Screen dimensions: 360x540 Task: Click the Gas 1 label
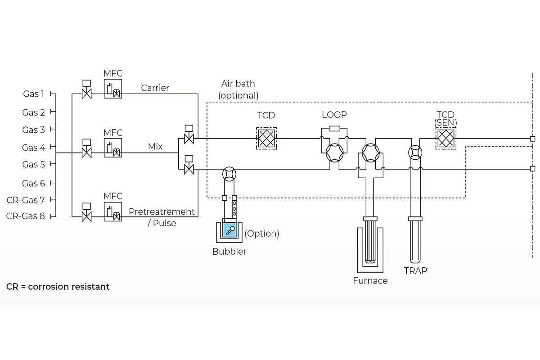click(x=34, y=94)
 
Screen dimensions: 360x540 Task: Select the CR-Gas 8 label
click(x=26, y=216)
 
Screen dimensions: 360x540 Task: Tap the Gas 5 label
click(x=34, y=164)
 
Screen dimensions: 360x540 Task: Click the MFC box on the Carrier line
click(x=112, y=89)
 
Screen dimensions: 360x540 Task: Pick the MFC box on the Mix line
click(x=112, y=148)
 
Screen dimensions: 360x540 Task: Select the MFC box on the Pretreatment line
click(x=112, y=212)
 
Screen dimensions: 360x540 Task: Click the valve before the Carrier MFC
click(x=87, y=94)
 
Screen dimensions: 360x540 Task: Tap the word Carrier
click(x=155, y=88)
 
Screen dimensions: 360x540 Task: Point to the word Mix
click(x=155, y=147)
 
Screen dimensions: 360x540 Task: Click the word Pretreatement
click(x=162, y=211)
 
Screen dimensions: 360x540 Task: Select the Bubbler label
click(x=229, y=252)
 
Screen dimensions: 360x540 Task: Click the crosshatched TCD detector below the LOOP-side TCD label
click(x=266, y=138)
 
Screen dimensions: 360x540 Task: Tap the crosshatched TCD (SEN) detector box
click(x=445, y=138)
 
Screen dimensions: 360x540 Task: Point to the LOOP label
click(x=334, y=115)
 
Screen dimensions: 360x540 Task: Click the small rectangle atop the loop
click(x=334, y=129)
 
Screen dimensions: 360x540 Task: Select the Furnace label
click(x=370, y=281)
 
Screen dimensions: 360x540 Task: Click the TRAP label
click(x=415, y=270)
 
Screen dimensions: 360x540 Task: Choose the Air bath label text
click(x=238, y=84)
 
